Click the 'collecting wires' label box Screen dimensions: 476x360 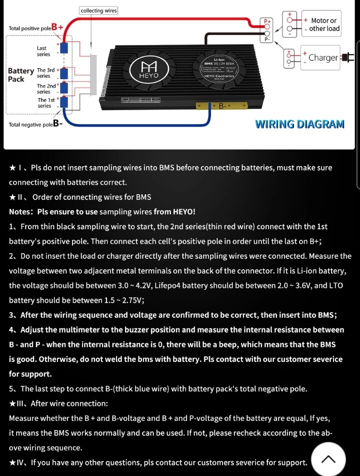point(98,10)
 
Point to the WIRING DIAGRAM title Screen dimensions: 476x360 point(299,124)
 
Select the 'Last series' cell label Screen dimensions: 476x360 point(43,51)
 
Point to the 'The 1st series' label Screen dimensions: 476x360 point(44,103)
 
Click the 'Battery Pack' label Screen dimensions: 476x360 point(20,75)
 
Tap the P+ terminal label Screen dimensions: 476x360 point(267,22)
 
